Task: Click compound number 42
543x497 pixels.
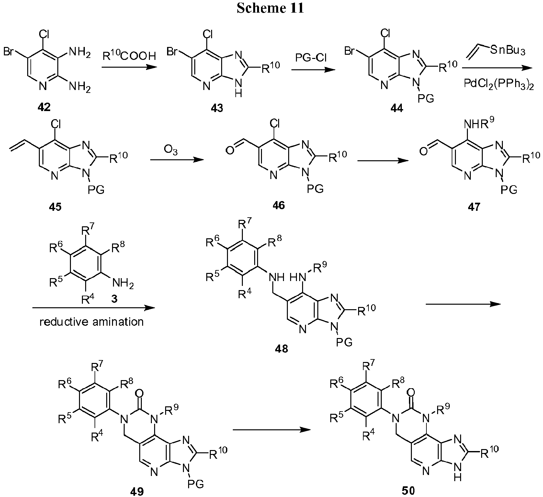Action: click(44, 107)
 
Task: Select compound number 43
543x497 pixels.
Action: click(217, 108)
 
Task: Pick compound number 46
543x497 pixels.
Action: click(278, 205)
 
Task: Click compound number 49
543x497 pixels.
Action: click(137, 491)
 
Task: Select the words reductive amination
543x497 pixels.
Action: click(92, 322)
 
